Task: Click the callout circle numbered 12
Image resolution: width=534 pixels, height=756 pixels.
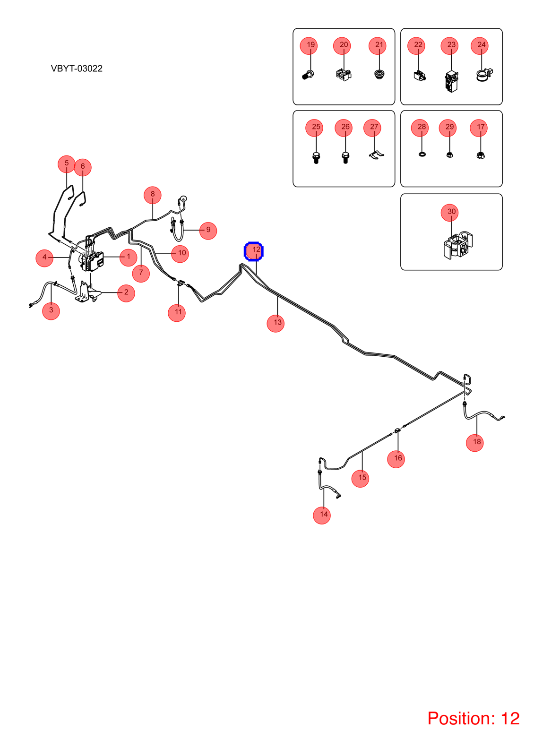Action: click(x=253, y=251)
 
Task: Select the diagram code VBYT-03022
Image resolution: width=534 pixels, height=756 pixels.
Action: click(x=77, y=69)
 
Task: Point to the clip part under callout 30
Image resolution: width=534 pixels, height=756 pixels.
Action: click(x=458, y=245)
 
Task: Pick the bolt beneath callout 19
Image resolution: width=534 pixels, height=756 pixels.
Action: click(x=308, y=75)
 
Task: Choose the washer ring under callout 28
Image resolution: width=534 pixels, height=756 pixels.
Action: click(x=422, y=154)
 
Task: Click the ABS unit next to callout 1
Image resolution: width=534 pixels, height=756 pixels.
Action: click(x=91, y=261)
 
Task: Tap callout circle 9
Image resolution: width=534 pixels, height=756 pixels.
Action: click(x=208, y=231)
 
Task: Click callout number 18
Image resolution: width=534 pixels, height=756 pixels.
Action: click(x=474, y=443)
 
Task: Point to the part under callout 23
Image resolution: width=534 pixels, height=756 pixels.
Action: click(x=451, y=81)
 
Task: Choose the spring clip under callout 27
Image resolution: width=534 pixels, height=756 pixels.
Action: click(x=376, y=155)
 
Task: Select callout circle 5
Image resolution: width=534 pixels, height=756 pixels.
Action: click(x=67, y=164)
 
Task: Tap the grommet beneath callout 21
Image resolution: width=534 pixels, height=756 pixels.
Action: click(x=379, y=74)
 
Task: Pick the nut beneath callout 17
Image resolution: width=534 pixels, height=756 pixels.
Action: click(x=480, y=155)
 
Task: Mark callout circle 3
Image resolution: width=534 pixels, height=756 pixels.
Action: click(x=51, y=311)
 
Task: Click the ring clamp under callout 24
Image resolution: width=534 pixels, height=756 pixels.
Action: click(x=484, y=75)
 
